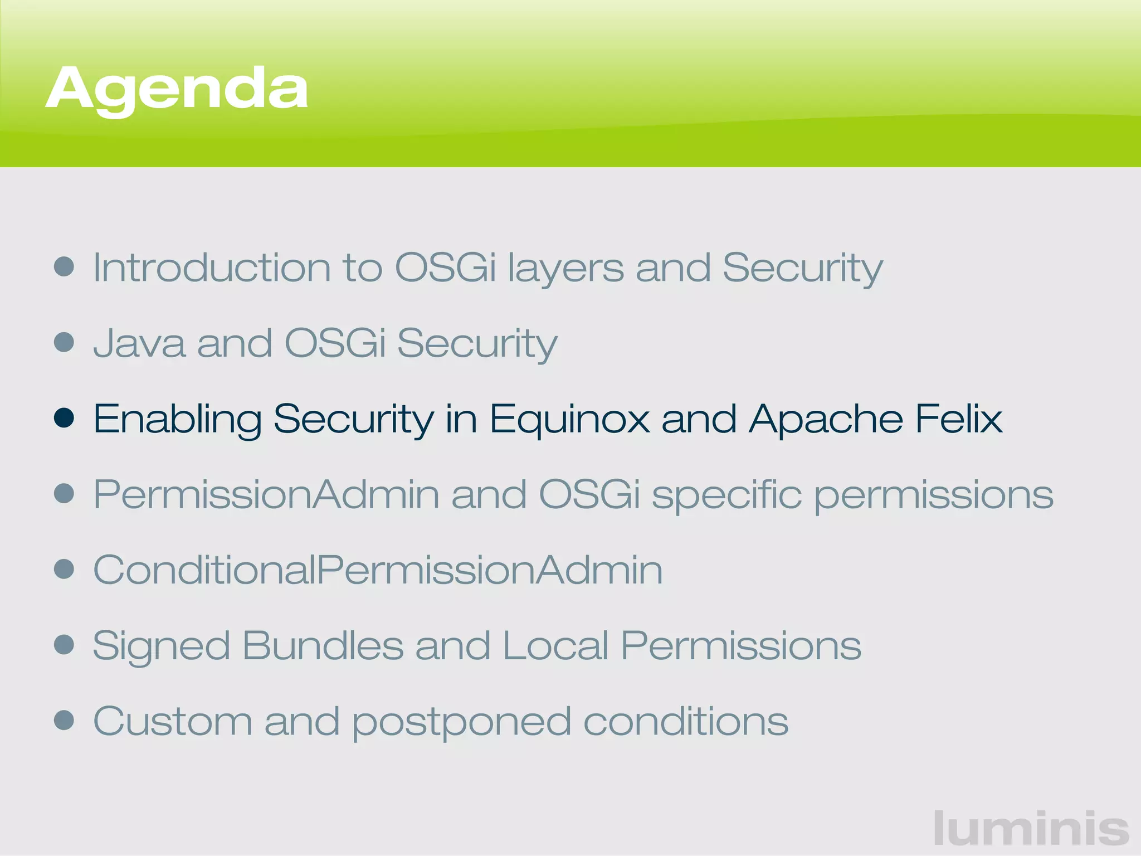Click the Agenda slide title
(x=177, y=89)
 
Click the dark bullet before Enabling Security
(x=64, y=418)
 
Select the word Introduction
(x=211, y=267)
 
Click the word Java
(x=139, y=343)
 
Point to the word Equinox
(x=569, y=419)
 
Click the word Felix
(x=958, y=419)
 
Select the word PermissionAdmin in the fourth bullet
(x=266, y=494)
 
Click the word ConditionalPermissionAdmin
(x=378, y=570)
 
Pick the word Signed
(x=161, y=646)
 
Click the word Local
(x=555, y=645)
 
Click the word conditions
(x=686, y=721)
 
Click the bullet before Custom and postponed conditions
(x=64, y=719)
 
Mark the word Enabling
(x=177, y=419)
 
